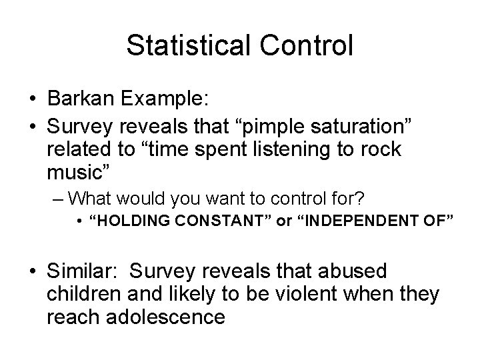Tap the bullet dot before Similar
tap(31, 271)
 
